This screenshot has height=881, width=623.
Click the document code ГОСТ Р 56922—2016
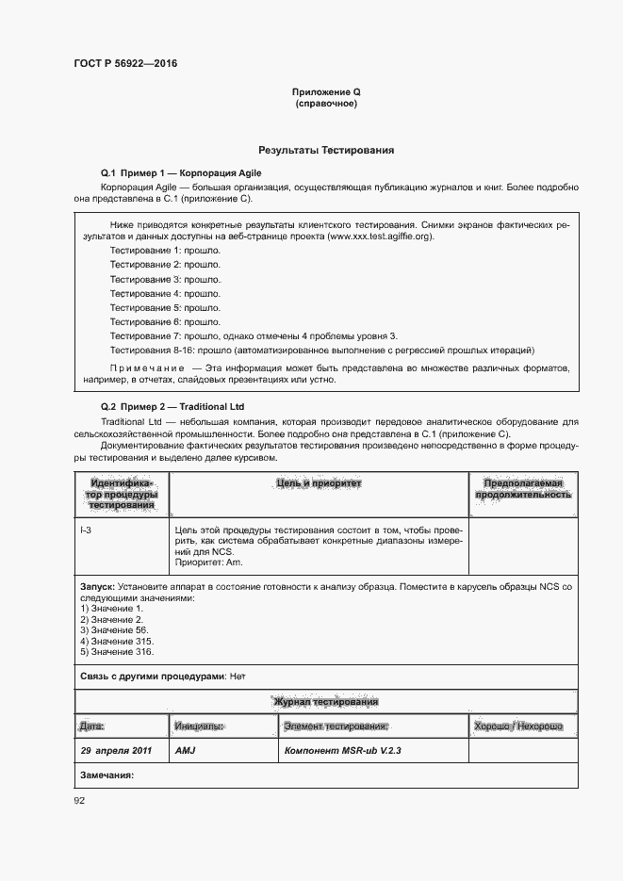click(x=125, y=64)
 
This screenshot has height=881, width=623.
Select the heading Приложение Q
click(x=326, y=91)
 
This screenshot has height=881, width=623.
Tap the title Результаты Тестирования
click(x=326, y=150)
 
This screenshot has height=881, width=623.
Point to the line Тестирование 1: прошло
click(x=165, y=251)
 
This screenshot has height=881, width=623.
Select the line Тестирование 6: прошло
click(x=165, y=321)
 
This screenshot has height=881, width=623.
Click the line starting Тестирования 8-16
click(x=321, y=350)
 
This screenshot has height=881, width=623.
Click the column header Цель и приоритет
click(x=319, y=483)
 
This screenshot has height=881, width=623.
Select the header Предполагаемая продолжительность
click(x=523, y=488)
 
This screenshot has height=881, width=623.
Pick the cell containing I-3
click(x=87, y=531)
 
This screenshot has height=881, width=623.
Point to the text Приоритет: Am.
click(x=208, y=562)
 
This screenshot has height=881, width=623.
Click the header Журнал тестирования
click(x=326, y=702)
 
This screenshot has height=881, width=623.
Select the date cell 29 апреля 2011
click(x=116, y=751)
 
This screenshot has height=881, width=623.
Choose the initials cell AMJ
click(x=184, y=751)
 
